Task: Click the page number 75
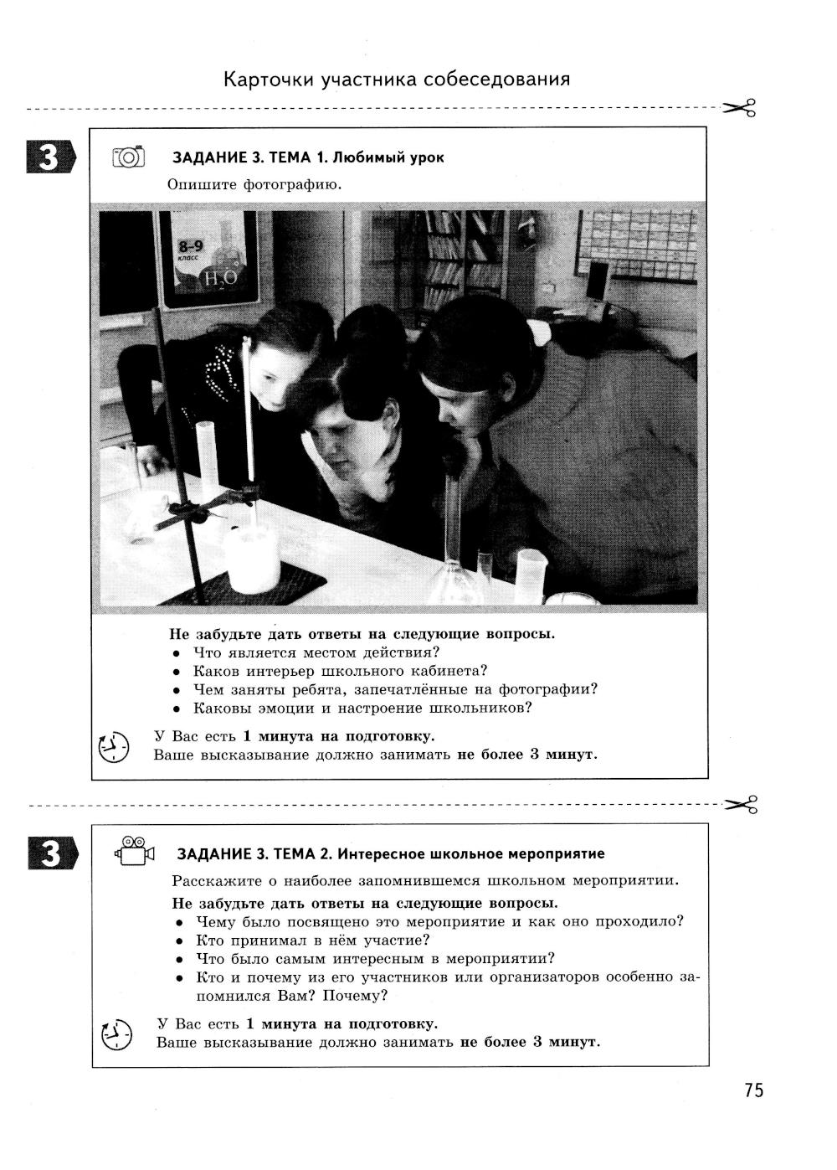752,1090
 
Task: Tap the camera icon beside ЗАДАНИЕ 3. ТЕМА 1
128,157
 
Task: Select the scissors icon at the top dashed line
739,108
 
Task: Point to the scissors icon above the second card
741,804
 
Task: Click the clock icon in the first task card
114,746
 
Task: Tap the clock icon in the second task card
116,1034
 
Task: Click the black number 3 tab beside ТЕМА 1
50,157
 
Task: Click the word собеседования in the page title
496,80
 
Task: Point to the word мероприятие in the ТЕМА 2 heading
557,853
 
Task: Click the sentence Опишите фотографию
254,184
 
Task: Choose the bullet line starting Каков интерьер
340,671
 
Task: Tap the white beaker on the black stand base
252,556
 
